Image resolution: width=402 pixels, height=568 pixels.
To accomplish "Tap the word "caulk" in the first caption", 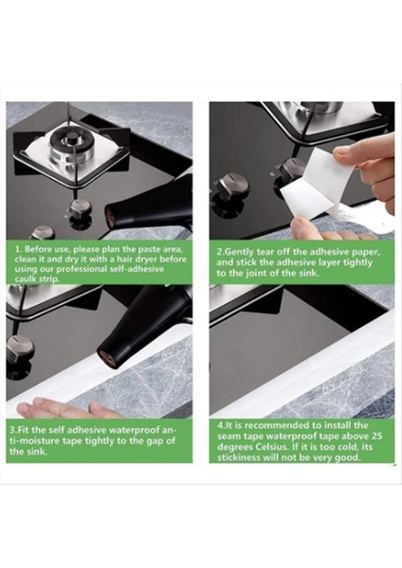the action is (x=26, y=279).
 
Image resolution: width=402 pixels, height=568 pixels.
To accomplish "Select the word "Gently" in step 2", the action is (x=240, y=253).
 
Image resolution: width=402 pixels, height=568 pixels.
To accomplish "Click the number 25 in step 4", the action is (x=375, y=436).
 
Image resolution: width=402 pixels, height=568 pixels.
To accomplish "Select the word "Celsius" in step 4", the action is (x=271, y=447).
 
